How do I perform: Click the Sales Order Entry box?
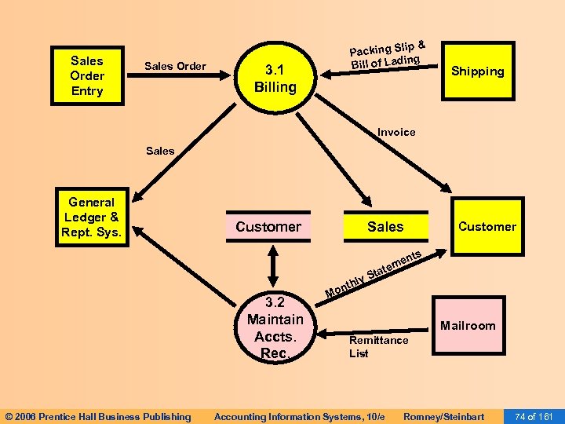[x=86, y=75]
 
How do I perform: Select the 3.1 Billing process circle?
[x=275, y=79]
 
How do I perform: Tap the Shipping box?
[x=477, y=71]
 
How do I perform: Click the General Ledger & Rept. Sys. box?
[x=92, y=217]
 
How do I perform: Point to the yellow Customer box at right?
[x=487, y=226]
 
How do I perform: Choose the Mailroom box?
[x=468, y=325]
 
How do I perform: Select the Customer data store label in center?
[x=268, y=227]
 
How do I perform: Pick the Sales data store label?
[x=385, y=227]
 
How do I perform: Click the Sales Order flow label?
[x=176, y=66]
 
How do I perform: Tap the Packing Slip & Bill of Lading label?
[x=387, y=53]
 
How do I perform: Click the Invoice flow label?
[x=396, y=132]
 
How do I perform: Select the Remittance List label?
[x=378, y=346]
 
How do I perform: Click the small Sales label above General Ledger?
[x=160, y=151]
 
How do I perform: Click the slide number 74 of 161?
[x=533, y=416]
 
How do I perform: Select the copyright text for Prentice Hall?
[x=98, y=416]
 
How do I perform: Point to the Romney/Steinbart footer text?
[x=443, y=416]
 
